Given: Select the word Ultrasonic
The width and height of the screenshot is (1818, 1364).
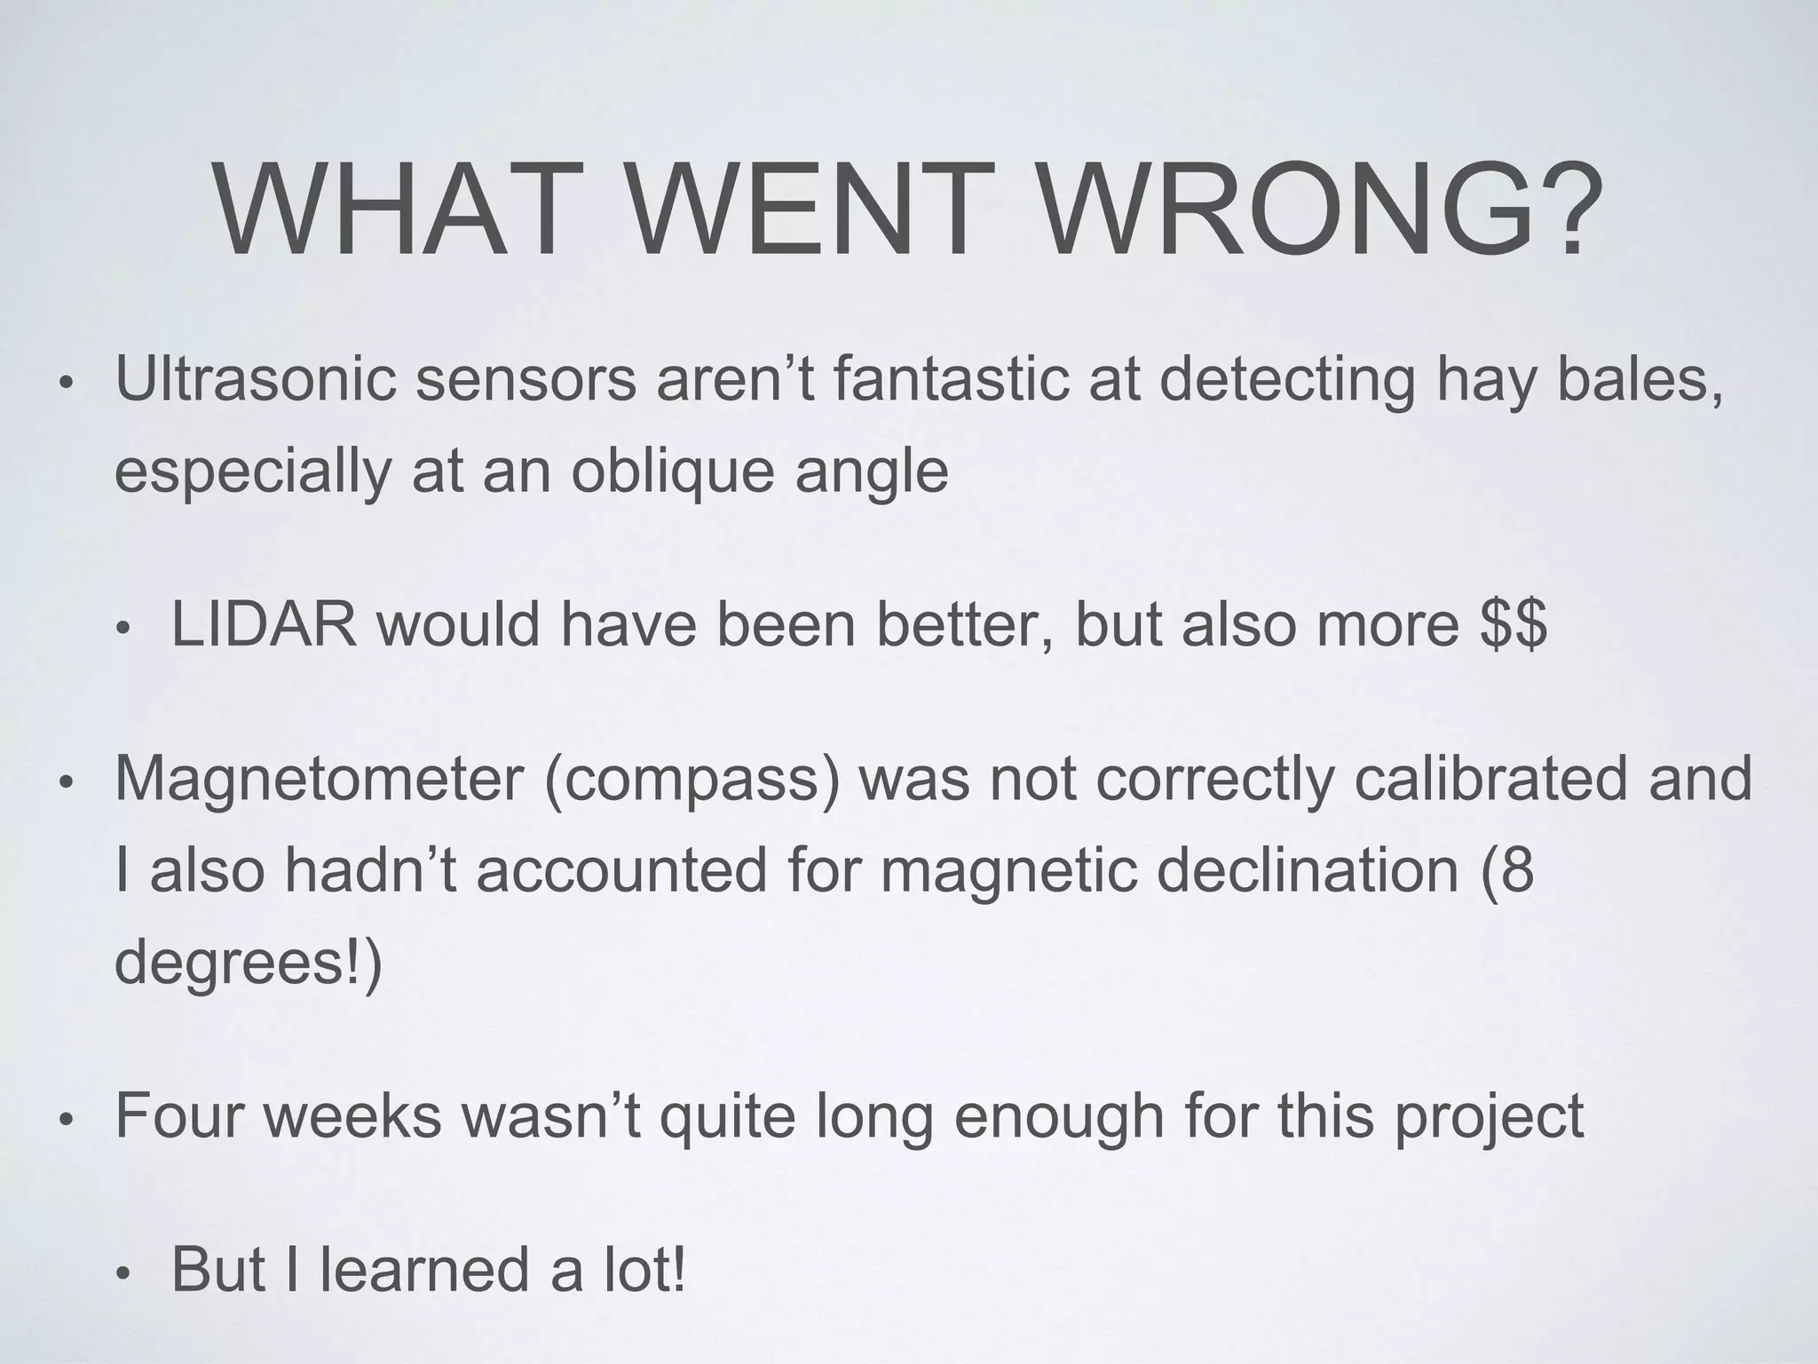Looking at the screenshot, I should (x=256, y=379).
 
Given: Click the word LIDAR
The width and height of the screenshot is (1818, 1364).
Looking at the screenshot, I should (x=265, y=624).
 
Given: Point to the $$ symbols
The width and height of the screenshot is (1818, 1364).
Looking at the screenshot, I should (x=1514, y=624).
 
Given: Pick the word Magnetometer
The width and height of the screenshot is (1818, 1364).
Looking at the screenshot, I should (x=319, y=779).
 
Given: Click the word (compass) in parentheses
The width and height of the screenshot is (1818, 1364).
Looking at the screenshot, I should (x=692, y=779).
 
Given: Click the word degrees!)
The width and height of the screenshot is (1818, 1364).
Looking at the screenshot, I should (x=249, y=963).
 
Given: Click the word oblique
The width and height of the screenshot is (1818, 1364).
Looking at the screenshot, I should (x=673, y=471).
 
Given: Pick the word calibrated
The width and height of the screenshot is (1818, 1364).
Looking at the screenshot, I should (x=1490, y=779).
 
